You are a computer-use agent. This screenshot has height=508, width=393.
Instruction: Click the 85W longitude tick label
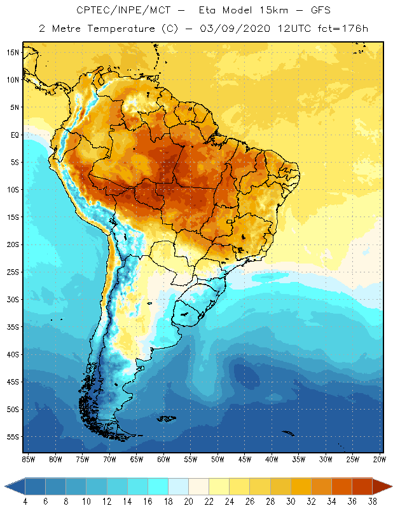(28, 458)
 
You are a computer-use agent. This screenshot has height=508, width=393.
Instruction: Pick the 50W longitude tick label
(218, 458)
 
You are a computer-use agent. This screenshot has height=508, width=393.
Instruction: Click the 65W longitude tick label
(137, 458)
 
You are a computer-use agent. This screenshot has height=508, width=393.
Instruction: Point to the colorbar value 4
(25, 502)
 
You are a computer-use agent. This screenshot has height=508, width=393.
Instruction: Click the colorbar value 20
(188, 502)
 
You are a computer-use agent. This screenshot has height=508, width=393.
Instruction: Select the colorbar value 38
(371, 502)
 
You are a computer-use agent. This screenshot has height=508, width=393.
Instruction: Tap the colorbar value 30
(290, 502)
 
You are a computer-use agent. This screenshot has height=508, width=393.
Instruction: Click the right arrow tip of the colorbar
(390, 486)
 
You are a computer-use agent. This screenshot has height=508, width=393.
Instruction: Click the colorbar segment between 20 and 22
(198, 486)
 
